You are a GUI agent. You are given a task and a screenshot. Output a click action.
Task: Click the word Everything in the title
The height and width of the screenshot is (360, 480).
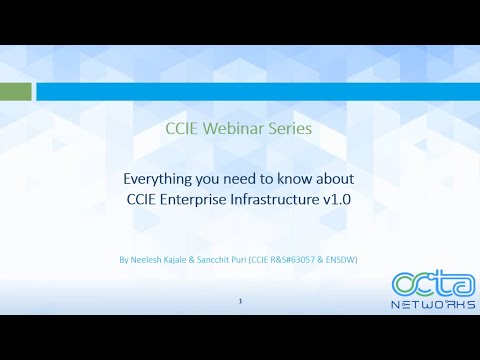[x=157, y=179]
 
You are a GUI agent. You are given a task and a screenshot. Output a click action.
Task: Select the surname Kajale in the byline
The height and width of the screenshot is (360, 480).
[x=180, y=260]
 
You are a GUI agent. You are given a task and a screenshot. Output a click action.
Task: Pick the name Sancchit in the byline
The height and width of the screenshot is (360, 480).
[x=218, y=260]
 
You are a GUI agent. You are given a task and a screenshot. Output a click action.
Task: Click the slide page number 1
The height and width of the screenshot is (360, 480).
[x=241, y=300]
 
